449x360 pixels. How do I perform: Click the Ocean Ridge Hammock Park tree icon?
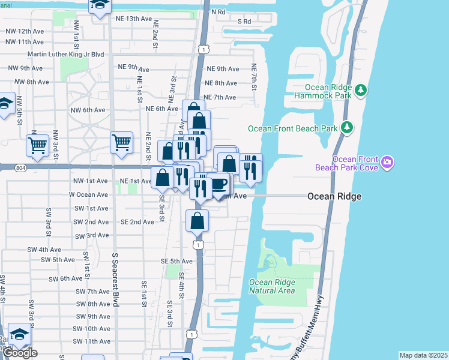[361, 90]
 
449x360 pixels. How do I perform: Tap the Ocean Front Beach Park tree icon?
[346, 128]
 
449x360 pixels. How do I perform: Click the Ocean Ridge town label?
[334, 196]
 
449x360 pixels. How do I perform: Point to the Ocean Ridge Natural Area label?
[272, 286]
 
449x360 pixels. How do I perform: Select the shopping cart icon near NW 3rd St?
[37, 145]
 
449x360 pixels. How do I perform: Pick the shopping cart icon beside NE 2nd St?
[121, 143]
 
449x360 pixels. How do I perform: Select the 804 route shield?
[21, 167]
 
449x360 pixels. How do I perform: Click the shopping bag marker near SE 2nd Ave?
[197, 221]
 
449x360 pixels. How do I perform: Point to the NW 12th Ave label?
[24, 31]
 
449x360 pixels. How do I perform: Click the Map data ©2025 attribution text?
[423, 355]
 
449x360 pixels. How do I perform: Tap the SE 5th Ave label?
[176, 262]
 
